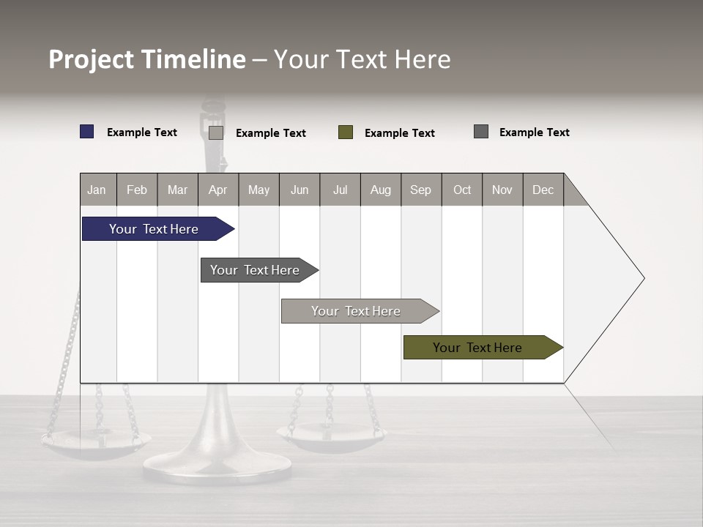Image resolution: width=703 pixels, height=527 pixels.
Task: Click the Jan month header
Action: pos(97,190)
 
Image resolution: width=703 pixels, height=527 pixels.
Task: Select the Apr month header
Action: pos(217,190)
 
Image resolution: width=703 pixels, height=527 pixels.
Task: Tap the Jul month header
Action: pos(340,190)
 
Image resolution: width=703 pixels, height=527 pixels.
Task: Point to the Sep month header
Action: pos(420,190)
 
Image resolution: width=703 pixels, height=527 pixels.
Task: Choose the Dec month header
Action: pos(543,190)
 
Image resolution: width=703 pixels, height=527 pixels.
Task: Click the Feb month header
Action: pos(137,190)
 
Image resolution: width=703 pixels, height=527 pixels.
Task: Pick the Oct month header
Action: pos(462,190)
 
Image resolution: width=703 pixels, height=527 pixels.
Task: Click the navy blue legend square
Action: pos(87,132)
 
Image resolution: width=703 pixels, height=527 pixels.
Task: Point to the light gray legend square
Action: pos(216,132)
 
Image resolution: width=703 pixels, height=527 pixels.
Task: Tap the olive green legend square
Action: pos(346,132)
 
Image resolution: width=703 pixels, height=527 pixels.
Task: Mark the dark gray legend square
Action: pos(481,132)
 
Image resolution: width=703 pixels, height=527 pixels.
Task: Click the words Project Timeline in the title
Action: pos(146,59)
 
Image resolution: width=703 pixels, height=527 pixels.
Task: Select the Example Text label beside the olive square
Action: pos(399,133)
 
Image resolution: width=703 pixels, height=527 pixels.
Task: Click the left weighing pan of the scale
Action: pos(96,442)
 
